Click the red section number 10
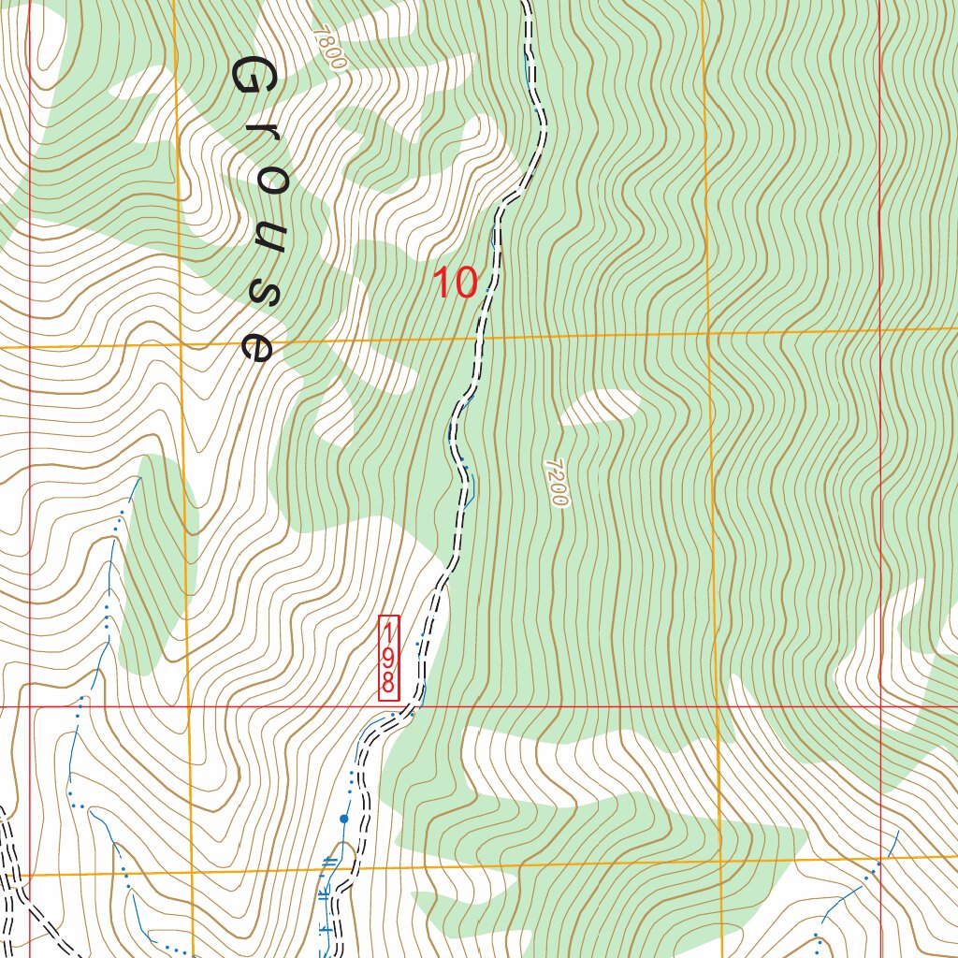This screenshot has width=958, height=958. pos(456,283)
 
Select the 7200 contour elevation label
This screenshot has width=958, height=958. pos(555,483)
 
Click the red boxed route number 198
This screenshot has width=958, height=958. pos(388,658)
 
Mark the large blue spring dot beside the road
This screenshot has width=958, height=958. pos(344,819)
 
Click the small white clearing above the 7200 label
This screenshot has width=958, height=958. pos(601,407)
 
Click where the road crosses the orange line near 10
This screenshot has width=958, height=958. pos(479,338)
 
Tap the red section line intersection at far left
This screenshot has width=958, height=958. pos(29,706)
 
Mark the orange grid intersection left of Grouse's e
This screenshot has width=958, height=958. pos(181,344)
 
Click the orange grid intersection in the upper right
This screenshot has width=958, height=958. pos(708,332)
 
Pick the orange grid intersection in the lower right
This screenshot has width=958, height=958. pos(719,866)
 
